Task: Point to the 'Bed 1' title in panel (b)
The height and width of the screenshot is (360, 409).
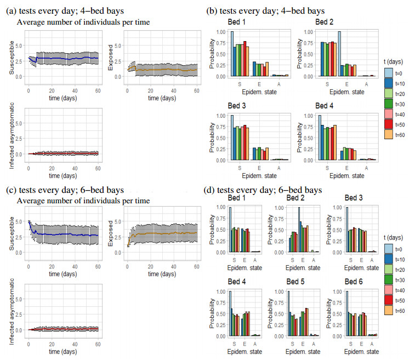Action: [x=237, y=21]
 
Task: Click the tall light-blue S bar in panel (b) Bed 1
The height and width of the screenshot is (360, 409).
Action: [x=232, y=54]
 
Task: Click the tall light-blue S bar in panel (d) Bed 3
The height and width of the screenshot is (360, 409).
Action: [x=347, y=230]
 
